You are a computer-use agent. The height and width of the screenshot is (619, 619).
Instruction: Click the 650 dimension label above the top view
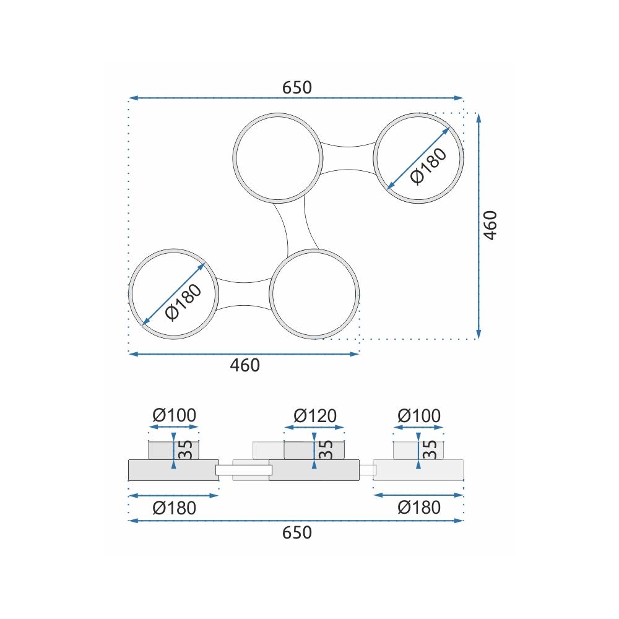tap(297, 87)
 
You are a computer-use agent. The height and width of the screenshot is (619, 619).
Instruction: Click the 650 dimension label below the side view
tap(297, 532)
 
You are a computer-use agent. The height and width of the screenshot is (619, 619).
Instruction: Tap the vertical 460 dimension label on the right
tap(491, 225)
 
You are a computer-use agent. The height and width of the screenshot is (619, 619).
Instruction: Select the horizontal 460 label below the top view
tap(245, 365)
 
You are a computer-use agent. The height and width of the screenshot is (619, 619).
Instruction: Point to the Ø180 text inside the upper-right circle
tap(428, 166)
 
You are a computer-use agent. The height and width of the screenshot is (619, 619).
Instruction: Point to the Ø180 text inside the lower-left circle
tap(183, 303)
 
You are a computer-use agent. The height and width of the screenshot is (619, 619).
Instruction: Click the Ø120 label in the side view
tap(315, 416)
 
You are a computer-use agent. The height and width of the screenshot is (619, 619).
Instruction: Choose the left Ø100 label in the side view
tap(174, 415)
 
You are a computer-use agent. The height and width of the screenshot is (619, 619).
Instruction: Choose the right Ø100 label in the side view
tap(419, 416)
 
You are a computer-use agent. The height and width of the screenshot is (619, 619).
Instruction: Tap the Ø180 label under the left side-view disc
tap(174, 508)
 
